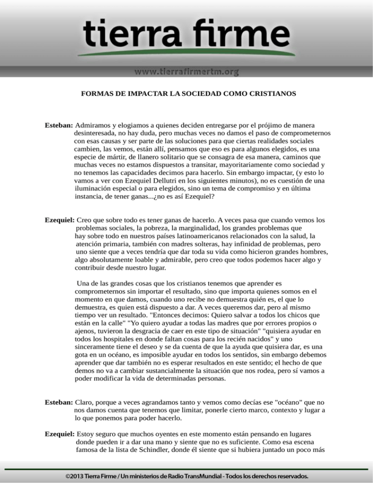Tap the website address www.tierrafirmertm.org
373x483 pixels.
(186, 72)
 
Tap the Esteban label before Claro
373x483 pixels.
(59, 402)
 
